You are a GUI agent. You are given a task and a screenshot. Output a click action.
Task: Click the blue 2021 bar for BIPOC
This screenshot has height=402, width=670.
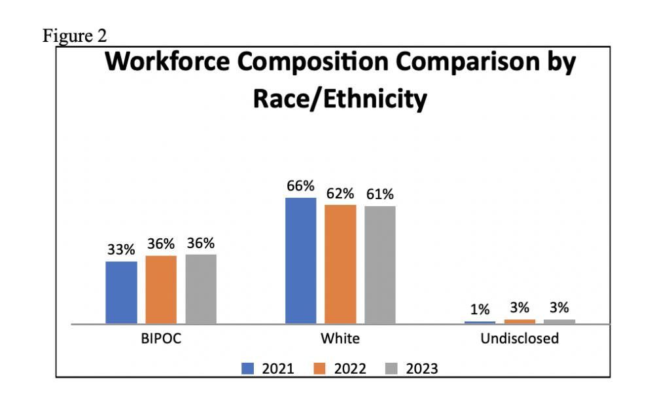coord(121,293)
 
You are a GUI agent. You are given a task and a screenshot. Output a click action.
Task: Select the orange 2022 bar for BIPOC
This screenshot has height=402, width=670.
coord(161,289)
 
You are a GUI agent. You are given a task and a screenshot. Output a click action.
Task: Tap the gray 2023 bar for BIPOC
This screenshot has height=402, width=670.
coord(201,289)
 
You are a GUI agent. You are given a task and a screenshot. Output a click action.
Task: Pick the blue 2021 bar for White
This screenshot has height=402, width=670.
coord(301,261)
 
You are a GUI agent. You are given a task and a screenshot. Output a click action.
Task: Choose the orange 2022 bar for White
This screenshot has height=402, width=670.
coord(340,265)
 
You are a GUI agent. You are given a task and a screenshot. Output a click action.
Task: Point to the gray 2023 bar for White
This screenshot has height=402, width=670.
coord(380,265)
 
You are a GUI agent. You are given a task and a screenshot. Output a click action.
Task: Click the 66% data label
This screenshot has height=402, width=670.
coord(300,186)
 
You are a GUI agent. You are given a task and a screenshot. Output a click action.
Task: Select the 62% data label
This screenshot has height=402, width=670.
coord(340,194)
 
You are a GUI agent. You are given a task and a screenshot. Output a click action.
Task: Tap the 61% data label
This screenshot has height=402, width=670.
coord(380,194)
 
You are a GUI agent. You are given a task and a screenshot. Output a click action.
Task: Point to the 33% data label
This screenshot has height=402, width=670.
coord(121,249)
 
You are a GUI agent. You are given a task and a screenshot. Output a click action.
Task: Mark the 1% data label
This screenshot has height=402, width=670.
coord(480,309)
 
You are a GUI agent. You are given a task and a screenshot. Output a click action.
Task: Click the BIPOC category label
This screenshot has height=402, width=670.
coord(161,338)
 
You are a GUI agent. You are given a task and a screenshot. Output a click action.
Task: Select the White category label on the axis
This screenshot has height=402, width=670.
coord(340,338)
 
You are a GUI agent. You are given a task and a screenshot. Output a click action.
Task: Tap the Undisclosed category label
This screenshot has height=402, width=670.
coord(520,338)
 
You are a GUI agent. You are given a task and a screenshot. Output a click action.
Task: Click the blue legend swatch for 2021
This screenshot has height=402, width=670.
coord(248,369)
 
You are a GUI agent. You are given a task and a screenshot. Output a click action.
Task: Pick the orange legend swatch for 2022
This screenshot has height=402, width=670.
coord(319,369)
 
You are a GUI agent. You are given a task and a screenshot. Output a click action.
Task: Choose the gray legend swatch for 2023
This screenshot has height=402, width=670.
coord(391,369)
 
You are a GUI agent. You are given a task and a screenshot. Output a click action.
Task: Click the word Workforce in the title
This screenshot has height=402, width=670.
coord(167,62)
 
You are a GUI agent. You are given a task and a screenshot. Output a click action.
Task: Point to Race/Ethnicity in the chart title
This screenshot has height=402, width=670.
coord(340,100)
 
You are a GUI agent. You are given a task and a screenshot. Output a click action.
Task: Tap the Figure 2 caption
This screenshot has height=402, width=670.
coord(75,35)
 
